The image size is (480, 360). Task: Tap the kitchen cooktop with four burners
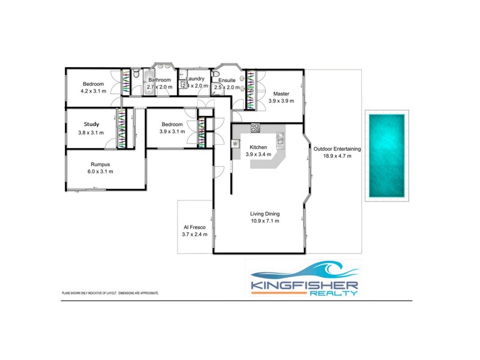(254, 127)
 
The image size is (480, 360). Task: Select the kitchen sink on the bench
(280, 140)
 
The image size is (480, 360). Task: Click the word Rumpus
(100, 164)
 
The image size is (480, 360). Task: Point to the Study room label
(91, 124)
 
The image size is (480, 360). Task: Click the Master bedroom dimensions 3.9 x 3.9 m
(281, 101)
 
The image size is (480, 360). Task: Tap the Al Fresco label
(195, 227)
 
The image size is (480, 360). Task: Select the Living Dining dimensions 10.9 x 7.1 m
(265, 221)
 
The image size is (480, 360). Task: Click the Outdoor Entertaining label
(336, 149)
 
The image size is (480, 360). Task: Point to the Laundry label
(195, 79)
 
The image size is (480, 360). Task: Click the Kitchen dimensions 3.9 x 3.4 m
(258, 154)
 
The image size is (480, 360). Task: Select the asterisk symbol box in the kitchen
(236, 144)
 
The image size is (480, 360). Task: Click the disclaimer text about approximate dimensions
(110, 293)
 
